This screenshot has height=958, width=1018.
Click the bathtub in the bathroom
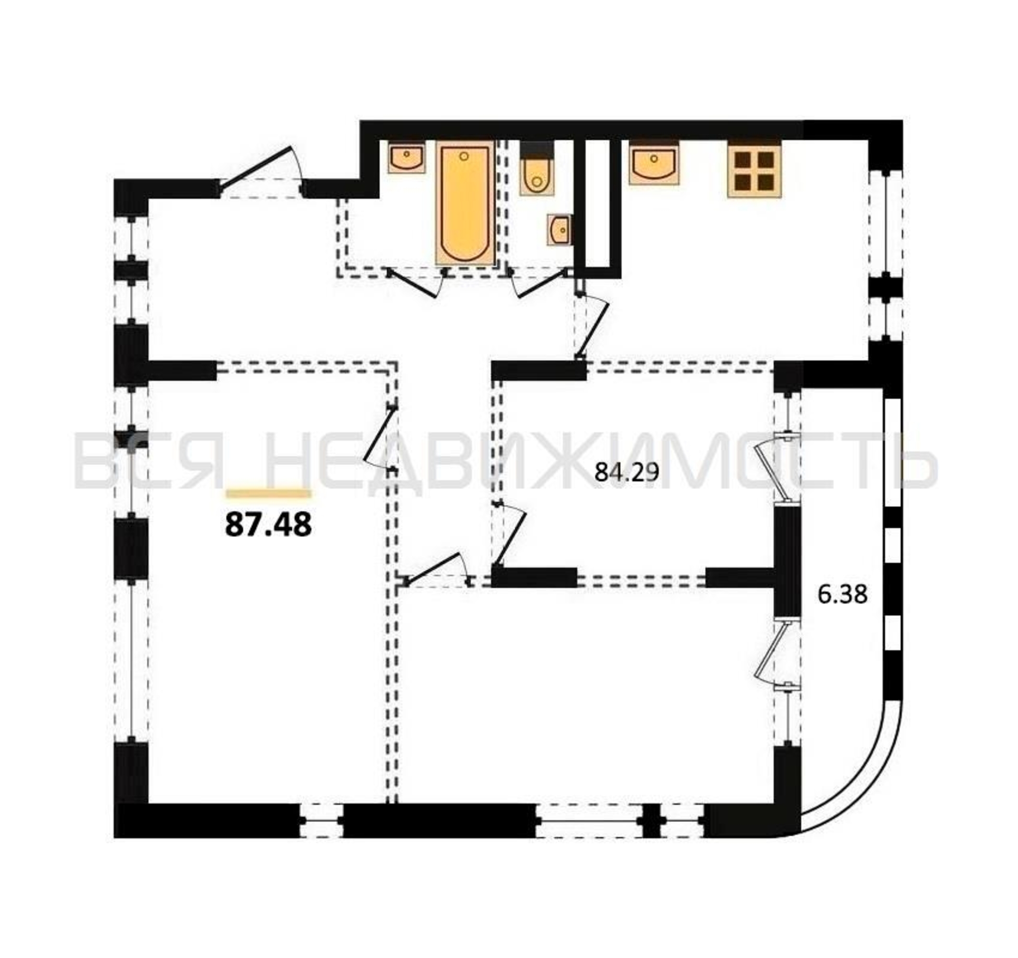pos(465,203)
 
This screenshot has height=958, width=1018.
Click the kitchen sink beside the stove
pos(654,163)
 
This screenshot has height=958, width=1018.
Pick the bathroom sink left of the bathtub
pos(407,157)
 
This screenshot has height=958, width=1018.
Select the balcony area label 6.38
pos(842,595)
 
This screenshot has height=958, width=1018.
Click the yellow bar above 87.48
pos(269,493)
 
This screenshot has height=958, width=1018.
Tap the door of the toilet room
pos(542,283)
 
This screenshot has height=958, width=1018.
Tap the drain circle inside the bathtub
pos(464,156)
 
